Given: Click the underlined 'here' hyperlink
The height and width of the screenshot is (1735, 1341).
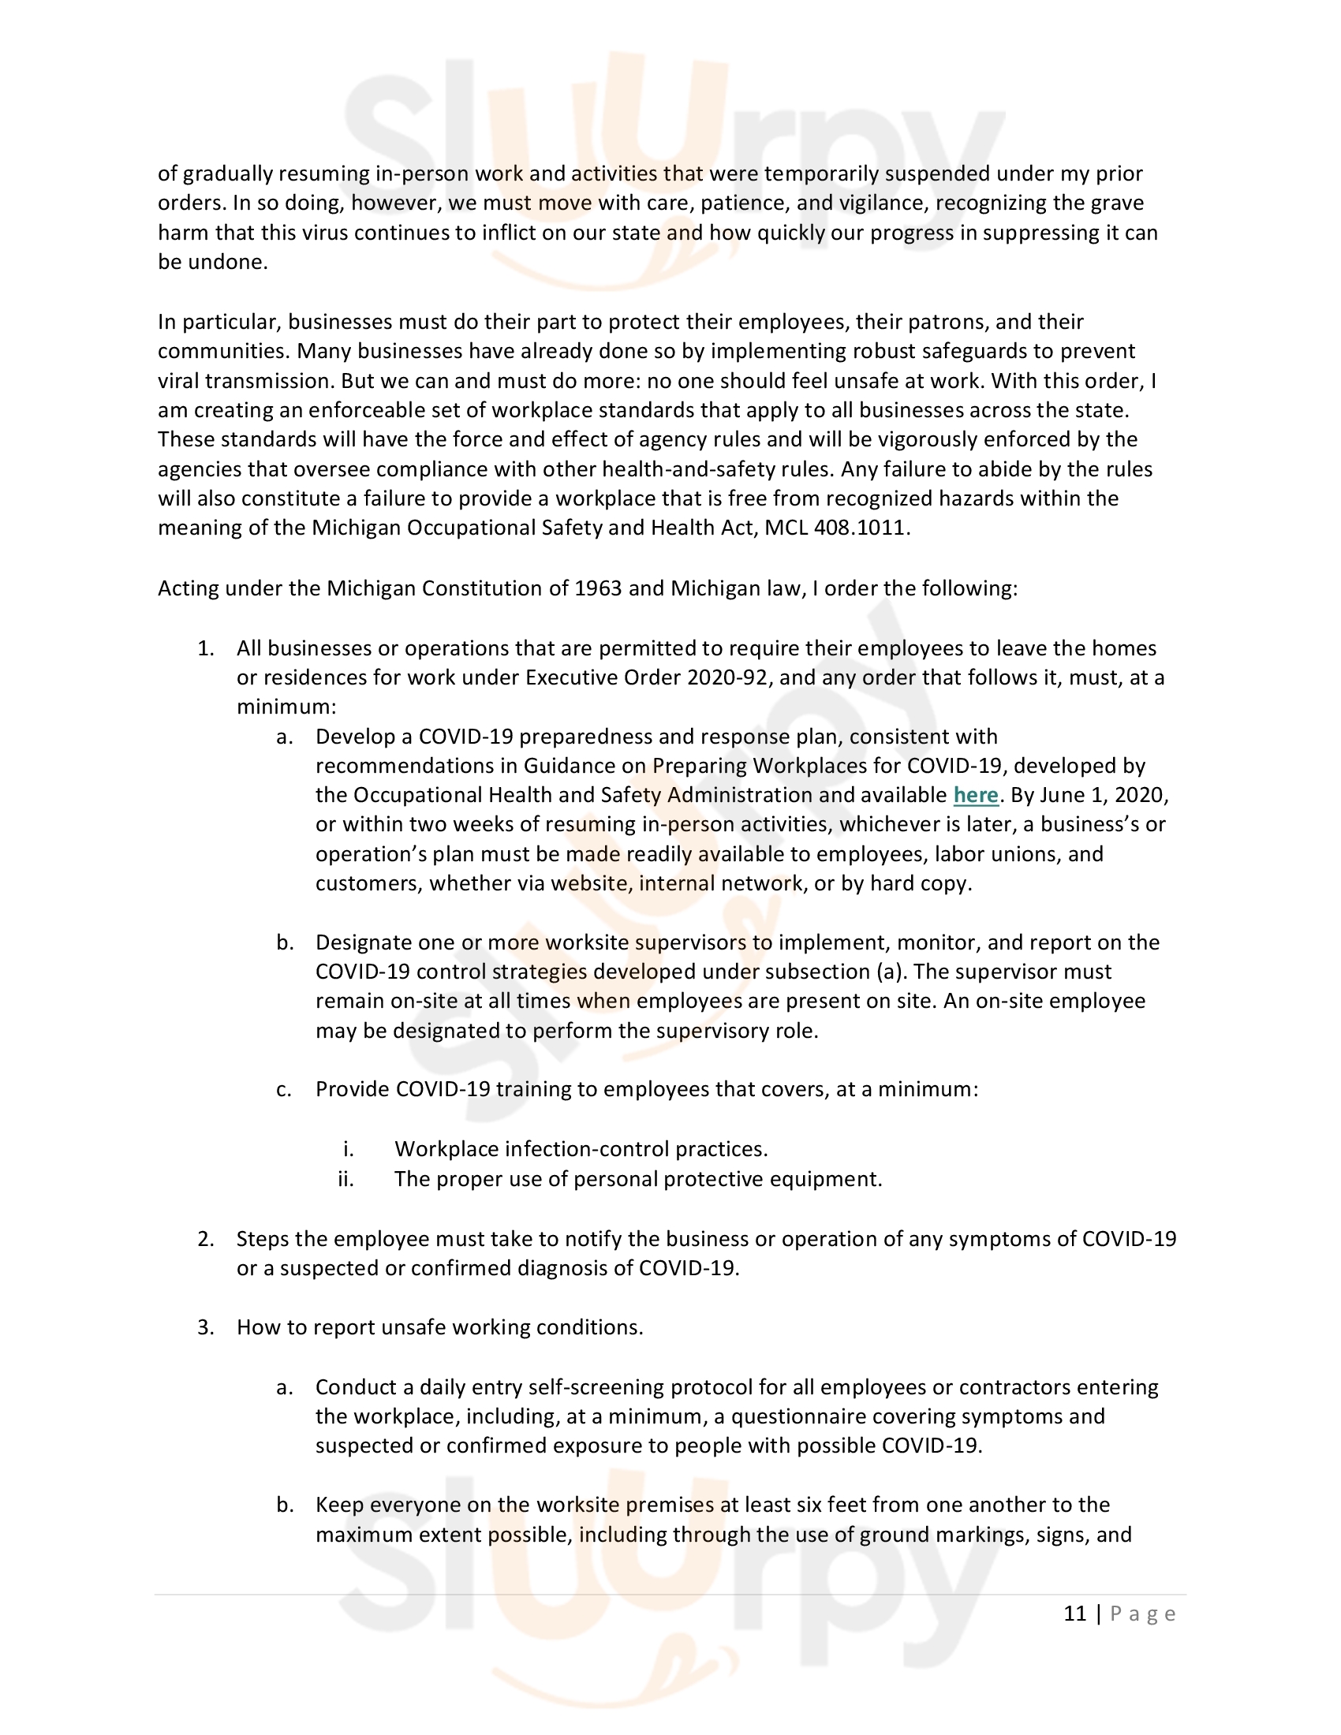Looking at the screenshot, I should pyautogui.click(x=975, y=795).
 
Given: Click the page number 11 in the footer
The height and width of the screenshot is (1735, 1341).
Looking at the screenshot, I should pyautogui.click(x=1074, y=1614).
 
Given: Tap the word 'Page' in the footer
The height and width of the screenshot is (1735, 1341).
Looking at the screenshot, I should pyautogui.click(x=1142, y=1614).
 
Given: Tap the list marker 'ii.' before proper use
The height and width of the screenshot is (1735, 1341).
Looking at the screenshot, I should pyautogui.click(x=346, y=1179).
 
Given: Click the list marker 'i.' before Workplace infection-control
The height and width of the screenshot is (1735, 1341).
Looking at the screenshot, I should pyautogui.click(x=348, y=1150).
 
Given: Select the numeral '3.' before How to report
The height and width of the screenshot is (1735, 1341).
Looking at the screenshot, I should pyautogui.click(x=206, y=1327).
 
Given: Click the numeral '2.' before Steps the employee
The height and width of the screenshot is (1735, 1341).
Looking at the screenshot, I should pyautogui.click(x=206, y=1239).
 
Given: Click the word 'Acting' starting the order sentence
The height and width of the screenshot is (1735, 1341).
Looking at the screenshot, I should pyautogui.click(x=189, y=588).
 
